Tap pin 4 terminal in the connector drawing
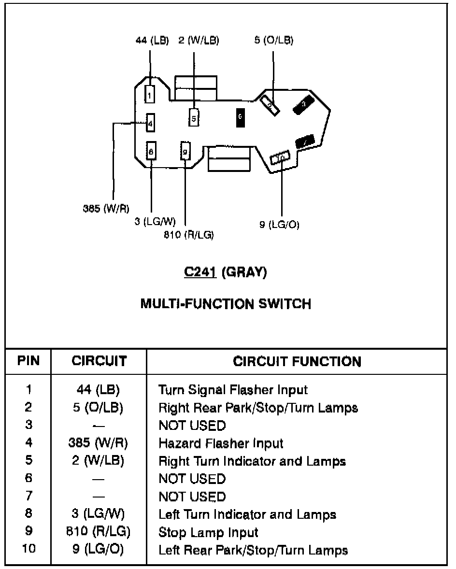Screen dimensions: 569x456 tap(150, 124)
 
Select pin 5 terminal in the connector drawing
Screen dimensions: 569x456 tap(194, 117)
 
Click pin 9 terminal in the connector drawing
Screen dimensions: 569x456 tap(185, 152)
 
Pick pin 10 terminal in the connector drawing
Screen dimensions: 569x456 tap(280, 157)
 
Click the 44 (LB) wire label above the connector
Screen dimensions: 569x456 tap(152, 41)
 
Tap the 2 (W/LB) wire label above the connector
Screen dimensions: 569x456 tap(199, 41)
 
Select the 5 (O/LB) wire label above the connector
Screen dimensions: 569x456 tap(274, 41)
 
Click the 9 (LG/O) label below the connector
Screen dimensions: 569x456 tap(279, 225)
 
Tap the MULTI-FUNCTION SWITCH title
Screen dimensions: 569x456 tap(226, 304)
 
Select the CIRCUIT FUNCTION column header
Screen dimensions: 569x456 tap(297, 361)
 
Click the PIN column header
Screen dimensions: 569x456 tap(28, 361)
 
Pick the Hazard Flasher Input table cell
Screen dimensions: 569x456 tap(221, 443)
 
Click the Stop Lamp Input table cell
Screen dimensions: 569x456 tap(208, 532)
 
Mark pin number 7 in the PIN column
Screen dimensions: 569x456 tap(28, 497)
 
